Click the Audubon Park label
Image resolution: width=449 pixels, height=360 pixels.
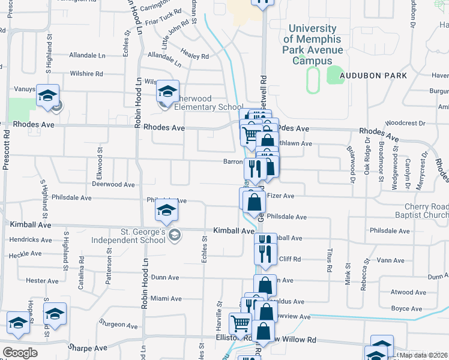(x=373, y=76)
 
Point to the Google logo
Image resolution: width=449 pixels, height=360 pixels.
(x=20, y=353)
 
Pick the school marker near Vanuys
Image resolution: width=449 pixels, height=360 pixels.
(x=47, y=95)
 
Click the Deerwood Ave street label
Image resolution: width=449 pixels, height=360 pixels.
(x=113, y=185)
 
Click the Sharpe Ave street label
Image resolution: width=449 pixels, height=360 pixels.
(x=87, y=348)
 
